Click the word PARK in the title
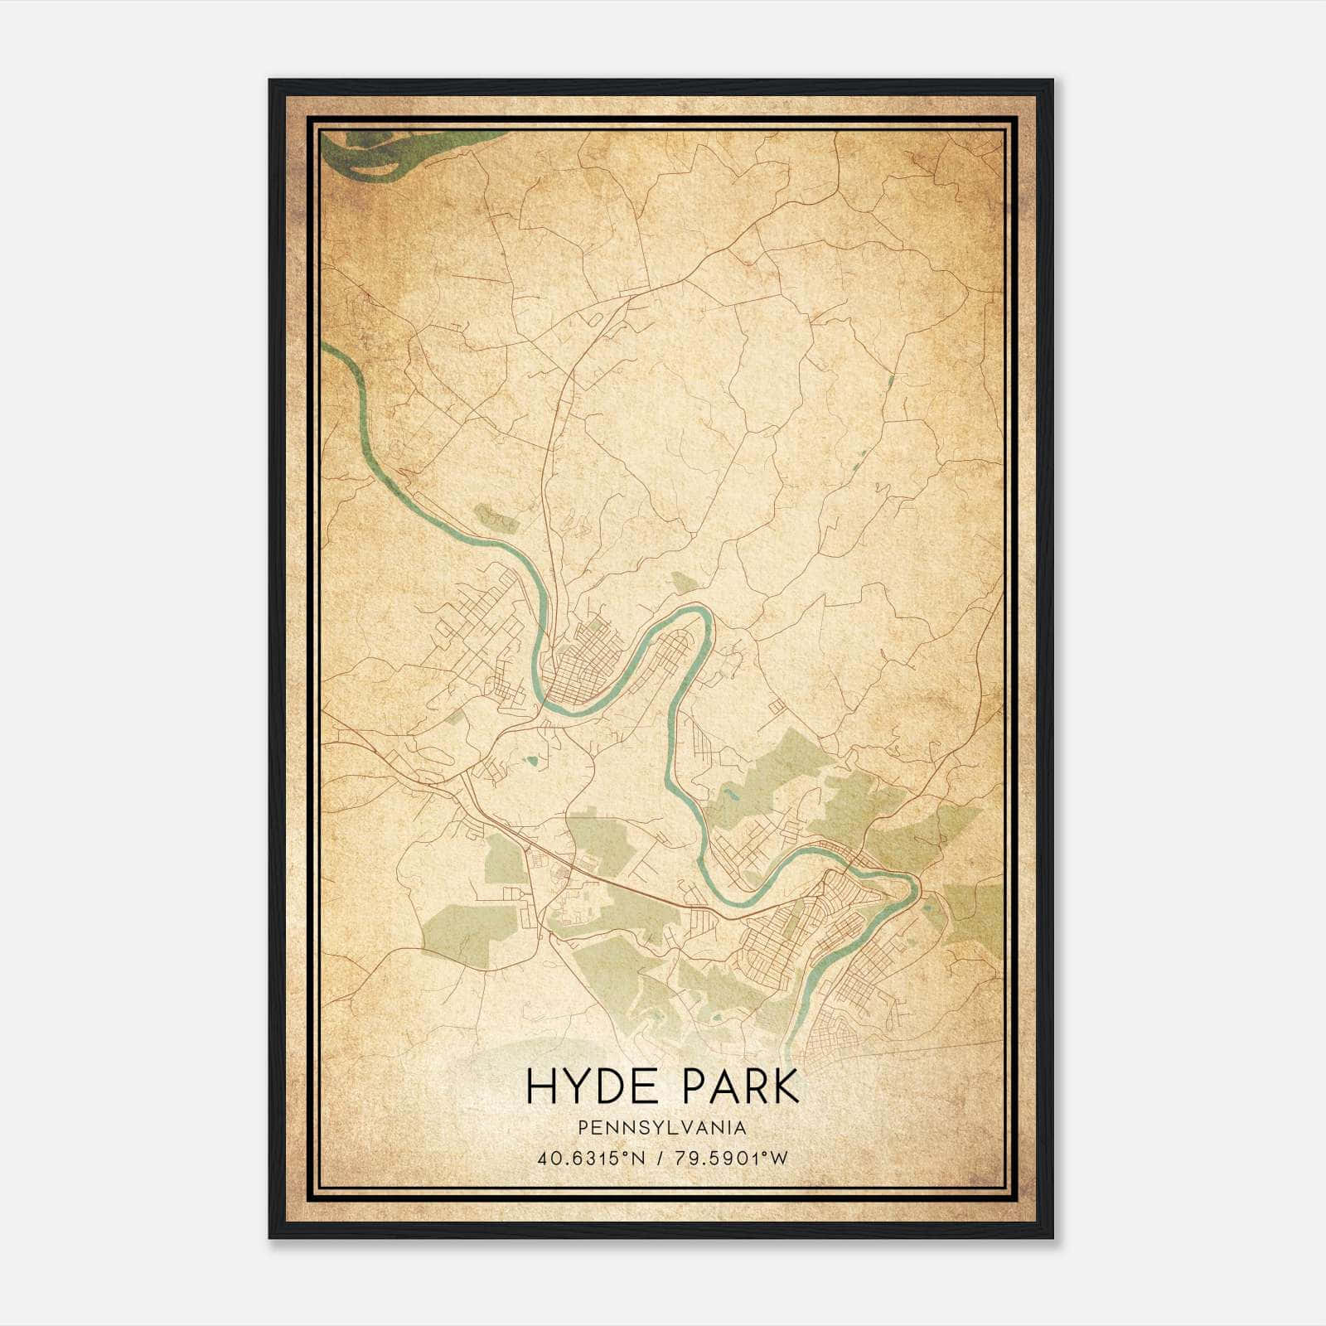coord(738,1086)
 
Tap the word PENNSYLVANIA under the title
coord(662,1128)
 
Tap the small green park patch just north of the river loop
coord(685,583)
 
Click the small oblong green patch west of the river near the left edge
coord(496,519)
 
